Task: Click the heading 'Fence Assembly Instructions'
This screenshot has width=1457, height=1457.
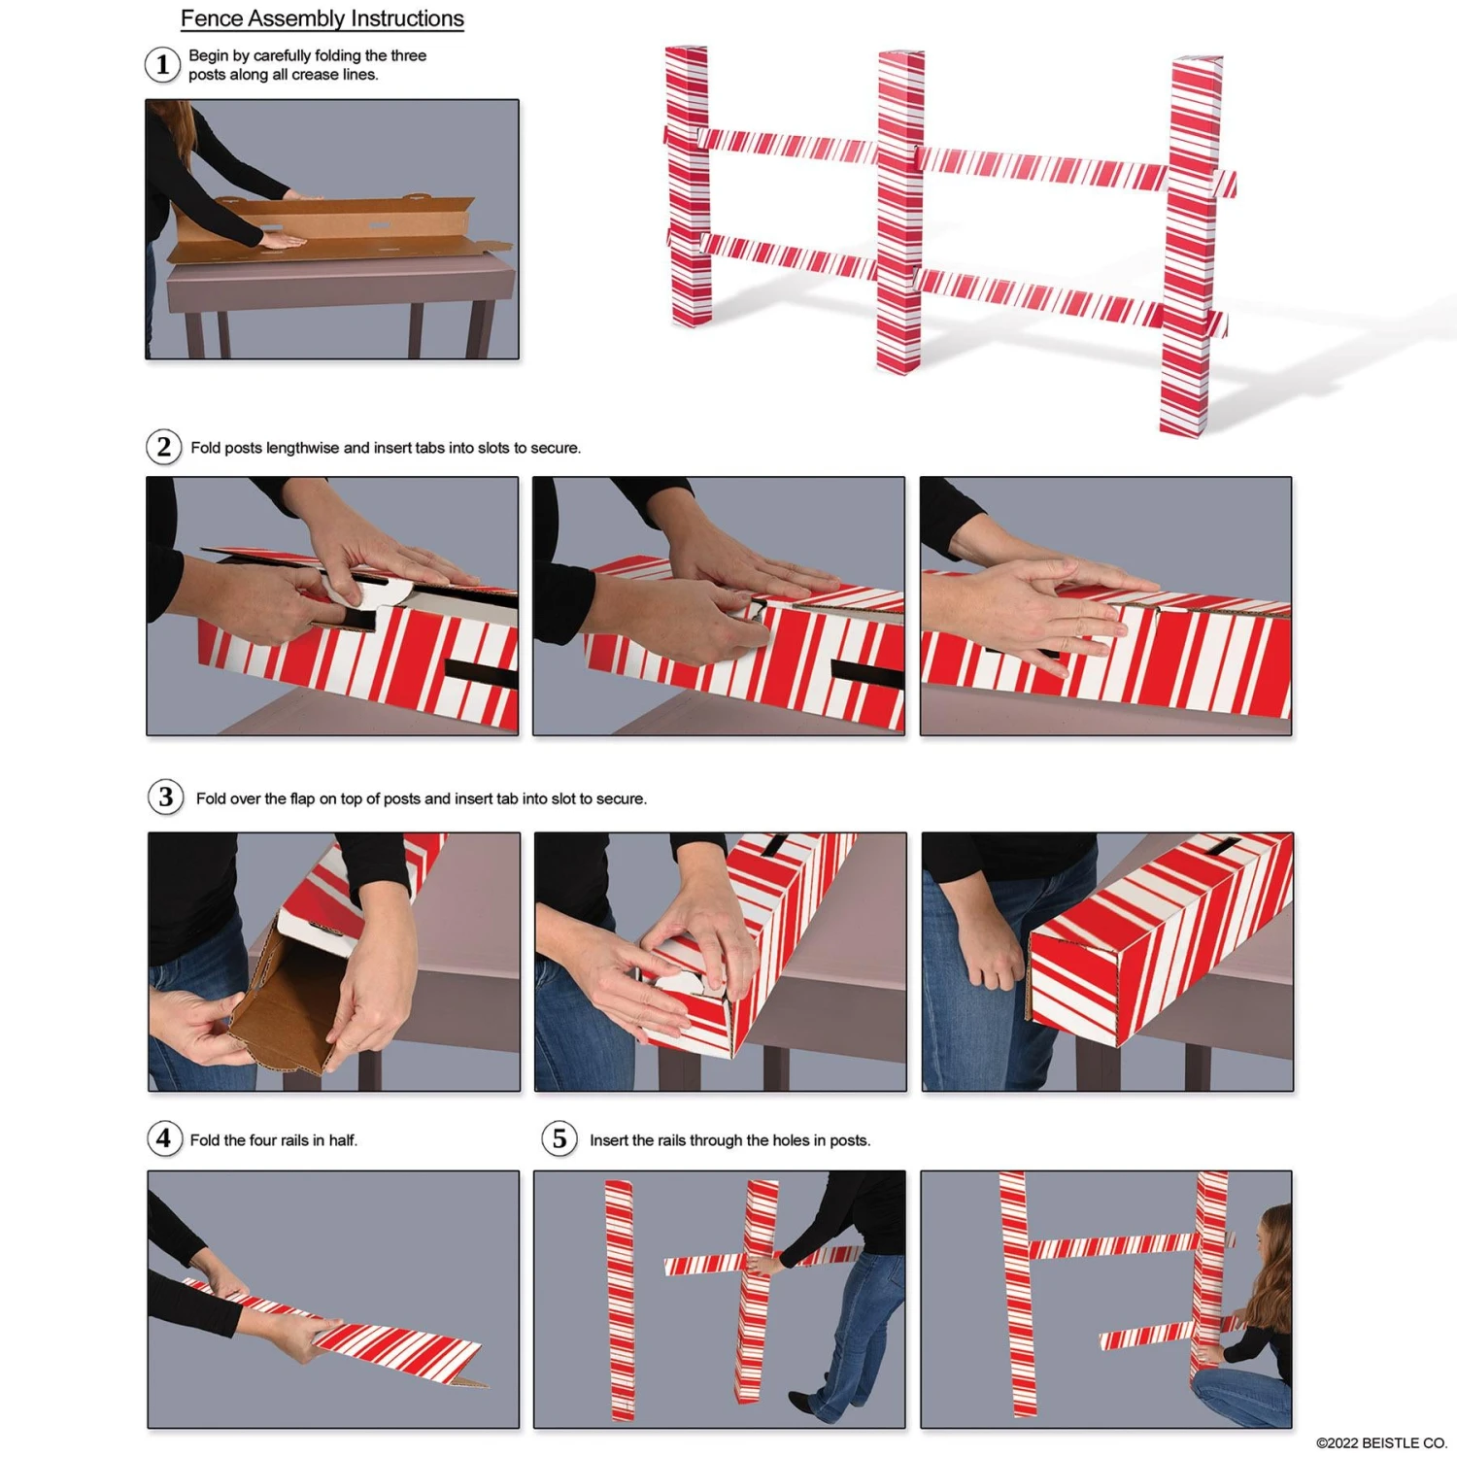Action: coord(322,18)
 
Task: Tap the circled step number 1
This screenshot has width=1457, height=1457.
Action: coord(162,65)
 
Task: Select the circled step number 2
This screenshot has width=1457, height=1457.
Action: coord(163,447)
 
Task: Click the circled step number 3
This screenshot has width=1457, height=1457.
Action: coord(165,797)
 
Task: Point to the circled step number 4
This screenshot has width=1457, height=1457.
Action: coord(164,1138)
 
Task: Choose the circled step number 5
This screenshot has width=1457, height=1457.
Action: coord(559,1138)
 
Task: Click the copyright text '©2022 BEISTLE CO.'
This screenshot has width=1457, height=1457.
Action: coord(1380,1443)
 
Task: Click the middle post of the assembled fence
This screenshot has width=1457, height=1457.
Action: coord(900,214)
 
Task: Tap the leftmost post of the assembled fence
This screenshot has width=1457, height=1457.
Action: coord(688,185)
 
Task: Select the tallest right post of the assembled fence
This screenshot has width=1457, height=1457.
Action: coord(1189,253)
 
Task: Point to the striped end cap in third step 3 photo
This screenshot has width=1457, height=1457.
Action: coord(1073,981)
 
